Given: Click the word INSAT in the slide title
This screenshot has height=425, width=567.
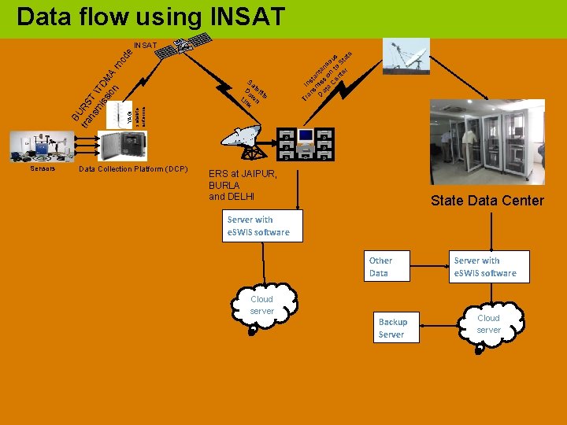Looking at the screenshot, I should pyautogui.click(x=241, y=17).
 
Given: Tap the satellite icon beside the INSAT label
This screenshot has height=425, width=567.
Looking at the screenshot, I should pyautogui.click(x=176, y=49).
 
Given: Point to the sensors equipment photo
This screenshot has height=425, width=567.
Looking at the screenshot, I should pyautogui.click(x=39, y=147).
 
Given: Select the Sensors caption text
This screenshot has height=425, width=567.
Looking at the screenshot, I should pyautogui.click(x=43, y=168).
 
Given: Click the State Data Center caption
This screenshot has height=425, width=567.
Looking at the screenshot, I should pyautogui.click(x=487, y=201).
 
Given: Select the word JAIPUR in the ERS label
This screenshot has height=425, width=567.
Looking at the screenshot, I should pyautogui.click(x=249, y=174).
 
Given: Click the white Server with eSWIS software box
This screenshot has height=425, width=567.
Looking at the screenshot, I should pyautogui.click(x=485, y=267).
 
